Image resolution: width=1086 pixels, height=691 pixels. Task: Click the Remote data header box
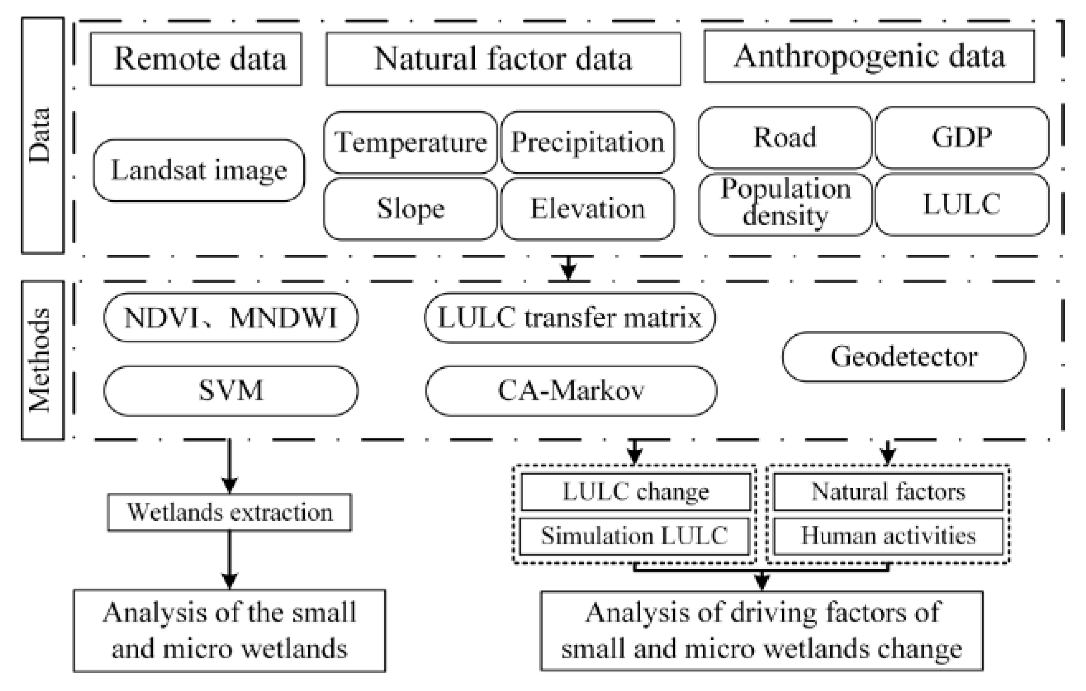point(196,59)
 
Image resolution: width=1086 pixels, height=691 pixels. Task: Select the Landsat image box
point(199,171)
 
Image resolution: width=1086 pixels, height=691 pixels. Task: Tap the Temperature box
point(410,142)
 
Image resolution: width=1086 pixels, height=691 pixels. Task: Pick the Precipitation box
point(588,142)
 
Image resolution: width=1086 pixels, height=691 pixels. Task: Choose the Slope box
point(410,209)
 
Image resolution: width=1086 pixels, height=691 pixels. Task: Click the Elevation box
point(588,209)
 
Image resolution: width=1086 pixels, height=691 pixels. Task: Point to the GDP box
point(962,138)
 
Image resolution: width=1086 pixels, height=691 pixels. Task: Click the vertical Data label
point(43,135)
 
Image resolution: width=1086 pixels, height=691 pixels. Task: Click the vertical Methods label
point(43,360)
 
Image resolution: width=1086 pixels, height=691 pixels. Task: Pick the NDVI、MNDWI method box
point(231,318)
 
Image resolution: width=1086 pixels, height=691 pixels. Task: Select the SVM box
point(231,391)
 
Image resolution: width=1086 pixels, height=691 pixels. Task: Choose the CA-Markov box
point(571,391)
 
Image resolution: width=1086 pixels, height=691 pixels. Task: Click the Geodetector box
point(904,357)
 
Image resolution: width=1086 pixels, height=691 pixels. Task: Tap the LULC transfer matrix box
point(569,318)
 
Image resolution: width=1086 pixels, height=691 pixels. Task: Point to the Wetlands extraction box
point(230,513)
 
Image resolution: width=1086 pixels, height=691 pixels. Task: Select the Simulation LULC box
point(635,536)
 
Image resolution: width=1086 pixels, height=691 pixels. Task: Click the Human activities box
point(888,536)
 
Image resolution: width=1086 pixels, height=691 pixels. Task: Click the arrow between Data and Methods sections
point(568,269)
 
